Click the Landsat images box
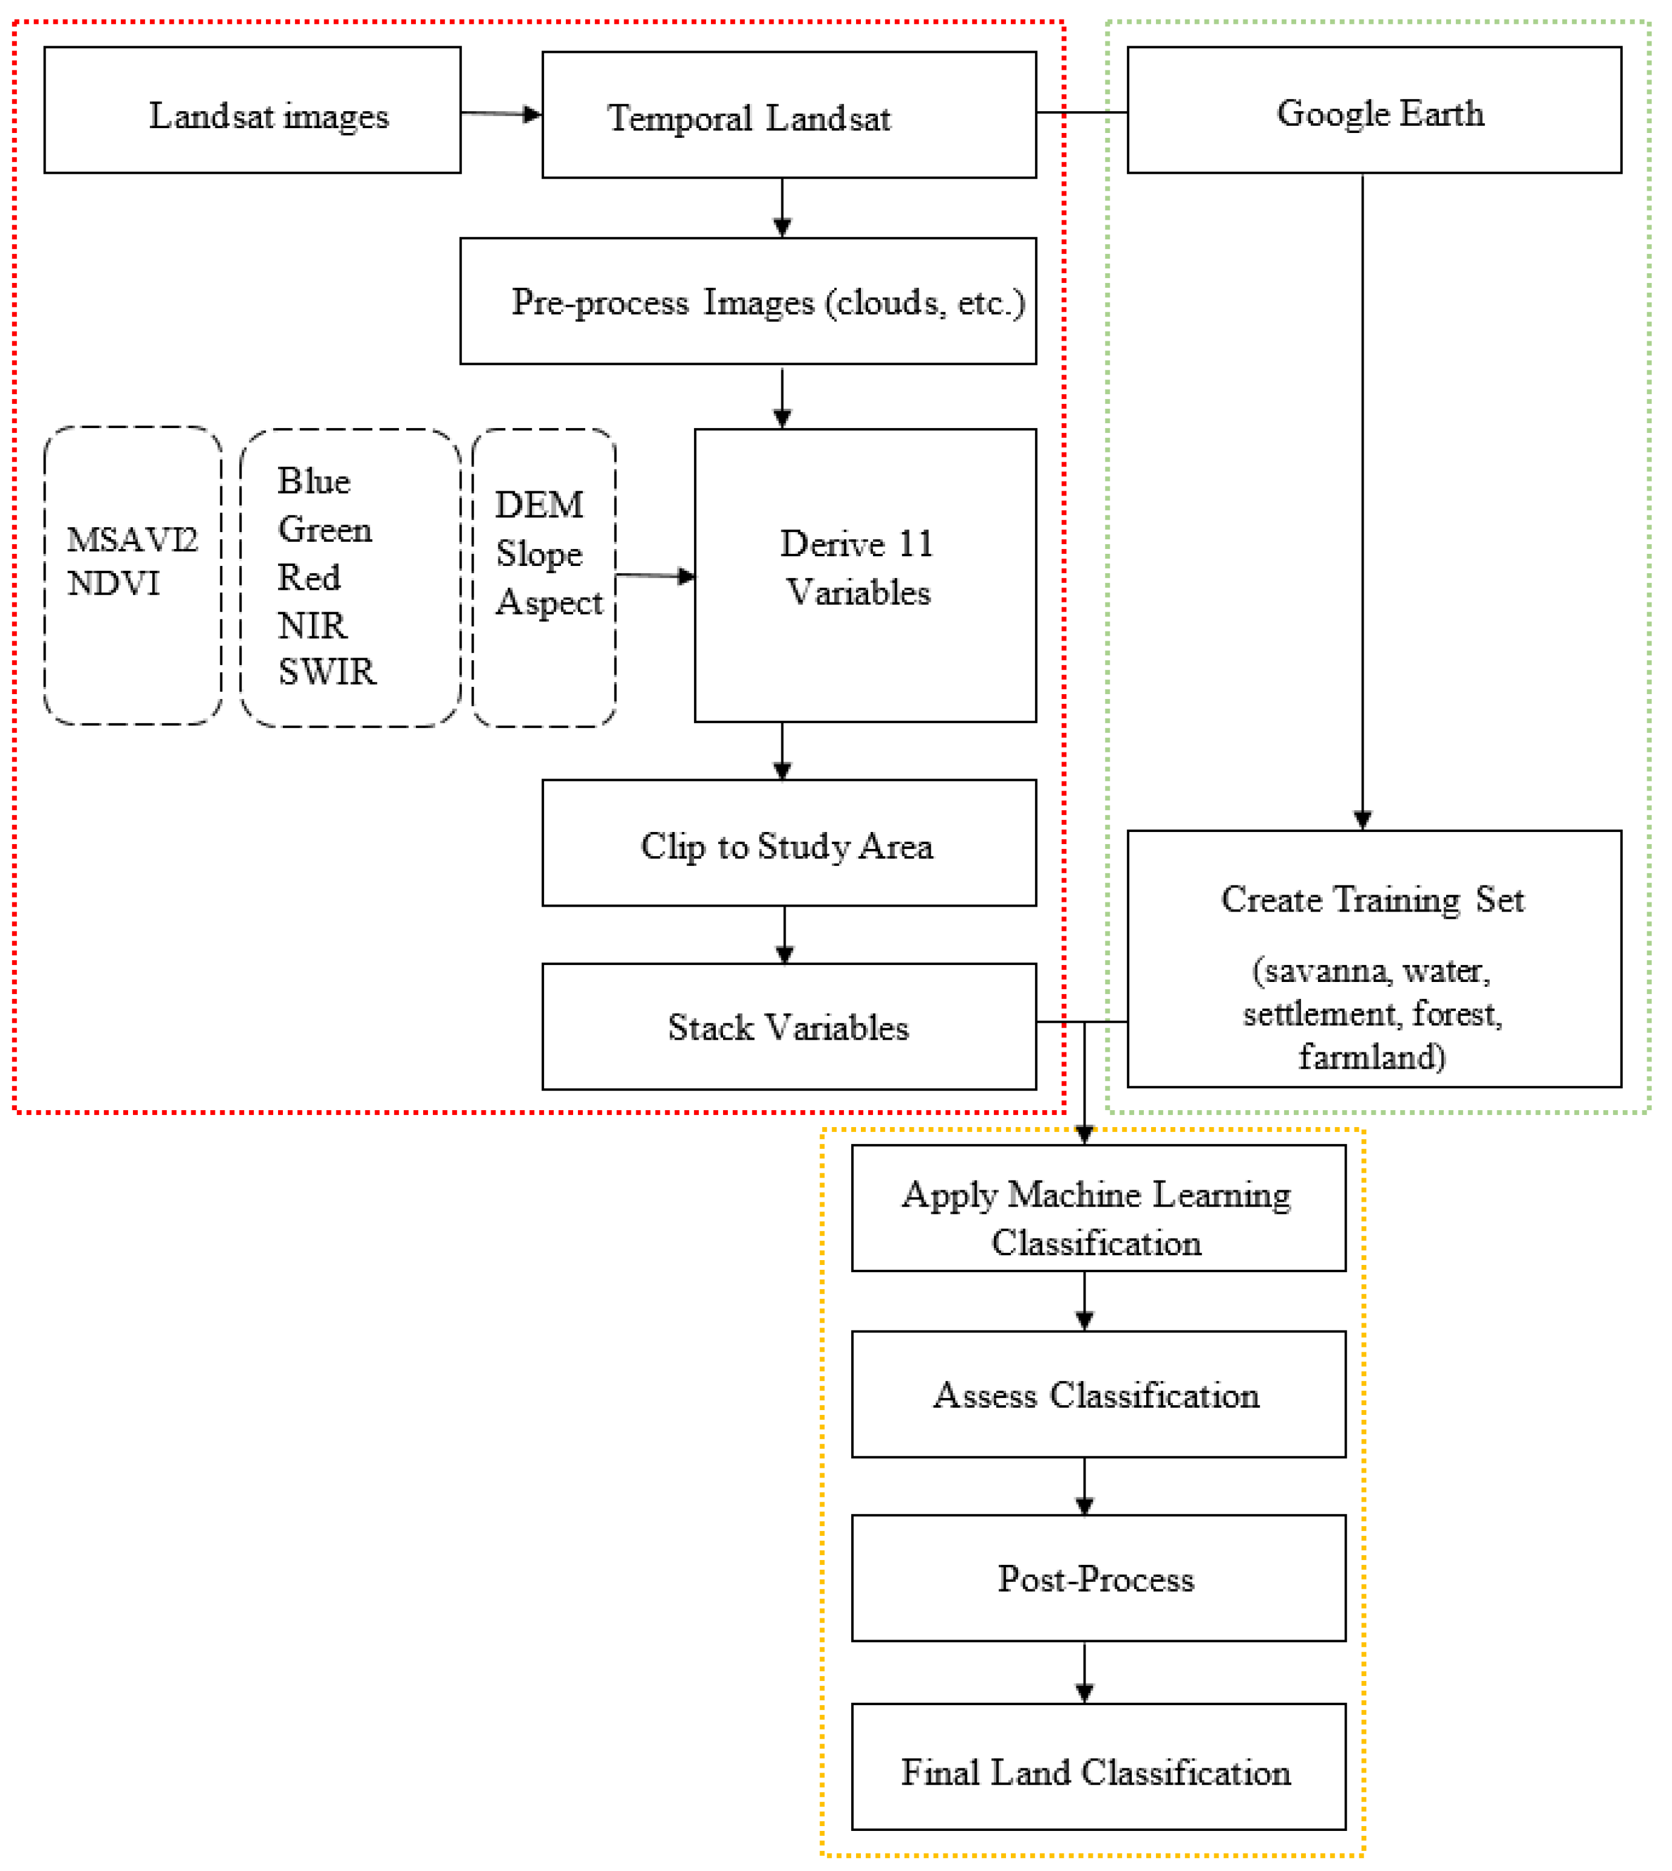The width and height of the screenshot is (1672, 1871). [253, 111]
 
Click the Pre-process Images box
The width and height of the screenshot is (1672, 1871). [748, 301]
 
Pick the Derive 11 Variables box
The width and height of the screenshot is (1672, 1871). [865, 575]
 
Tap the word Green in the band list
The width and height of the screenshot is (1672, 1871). [324, 530]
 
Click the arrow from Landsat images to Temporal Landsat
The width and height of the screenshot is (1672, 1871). [501, 114]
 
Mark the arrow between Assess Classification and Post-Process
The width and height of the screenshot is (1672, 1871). [1084, 1486]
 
